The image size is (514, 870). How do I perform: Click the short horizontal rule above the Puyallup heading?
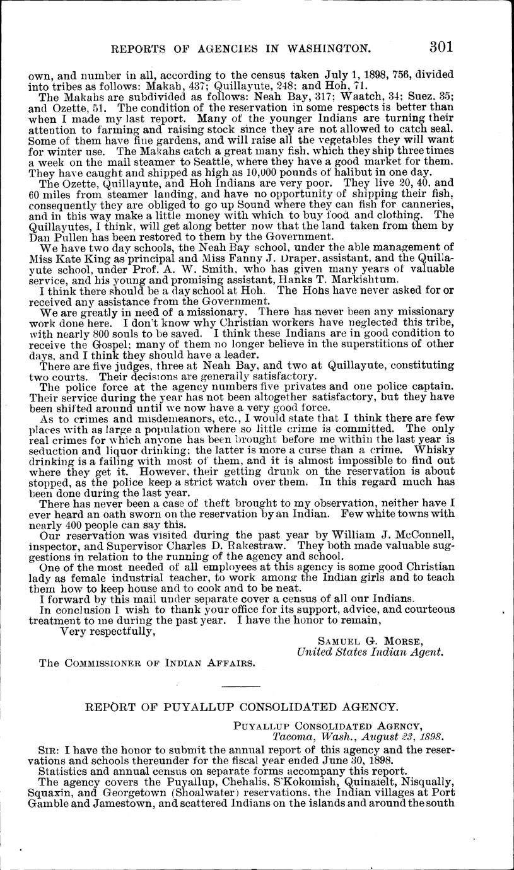(240, 686)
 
